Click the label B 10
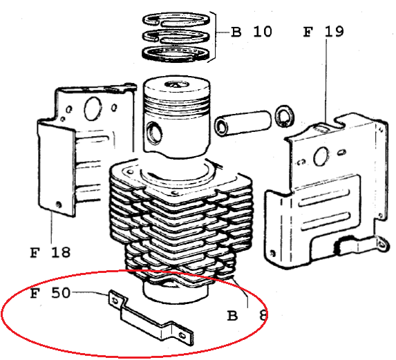coord(252,32)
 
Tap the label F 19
coord(323,32)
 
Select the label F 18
coord(50,252)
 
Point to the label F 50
coord(50,293)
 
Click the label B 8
coord(247,315)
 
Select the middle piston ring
coord(176,37)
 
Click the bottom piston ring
coord(176,53)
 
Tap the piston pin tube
coord(243,124)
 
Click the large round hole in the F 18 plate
coord(93,108)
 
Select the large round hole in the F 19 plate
coord(321,157)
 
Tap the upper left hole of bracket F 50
coord(115,301)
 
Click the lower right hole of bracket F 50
coord(182,335)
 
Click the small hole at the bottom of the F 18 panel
coord(59,204)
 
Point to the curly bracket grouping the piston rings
coord(214,37)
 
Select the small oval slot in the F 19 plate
coord(341,152)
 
